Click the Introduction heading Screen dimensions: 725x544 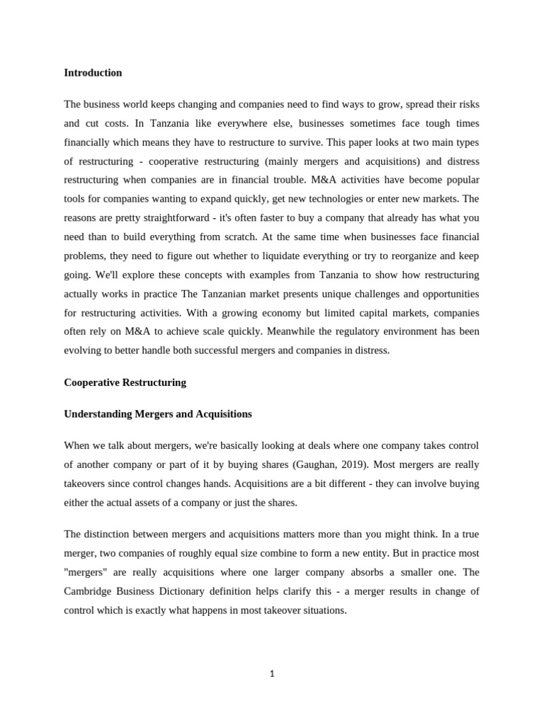93,73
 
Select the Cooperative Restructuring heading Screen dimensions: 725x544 125,382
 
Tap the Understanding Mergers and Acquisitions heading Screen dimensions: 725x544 157,414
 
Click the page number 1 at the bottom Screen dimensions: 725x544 272,673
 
